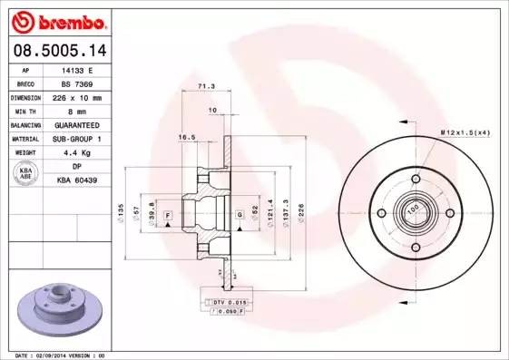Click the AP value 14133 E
(x=78, y=69)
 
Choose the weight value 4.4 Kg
(x=77, y=152)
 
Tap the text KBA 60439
(x=79, y=180)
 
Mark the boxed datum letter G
(x=239, y=214)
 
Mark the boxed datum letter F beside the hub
(x=168, y=214)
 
